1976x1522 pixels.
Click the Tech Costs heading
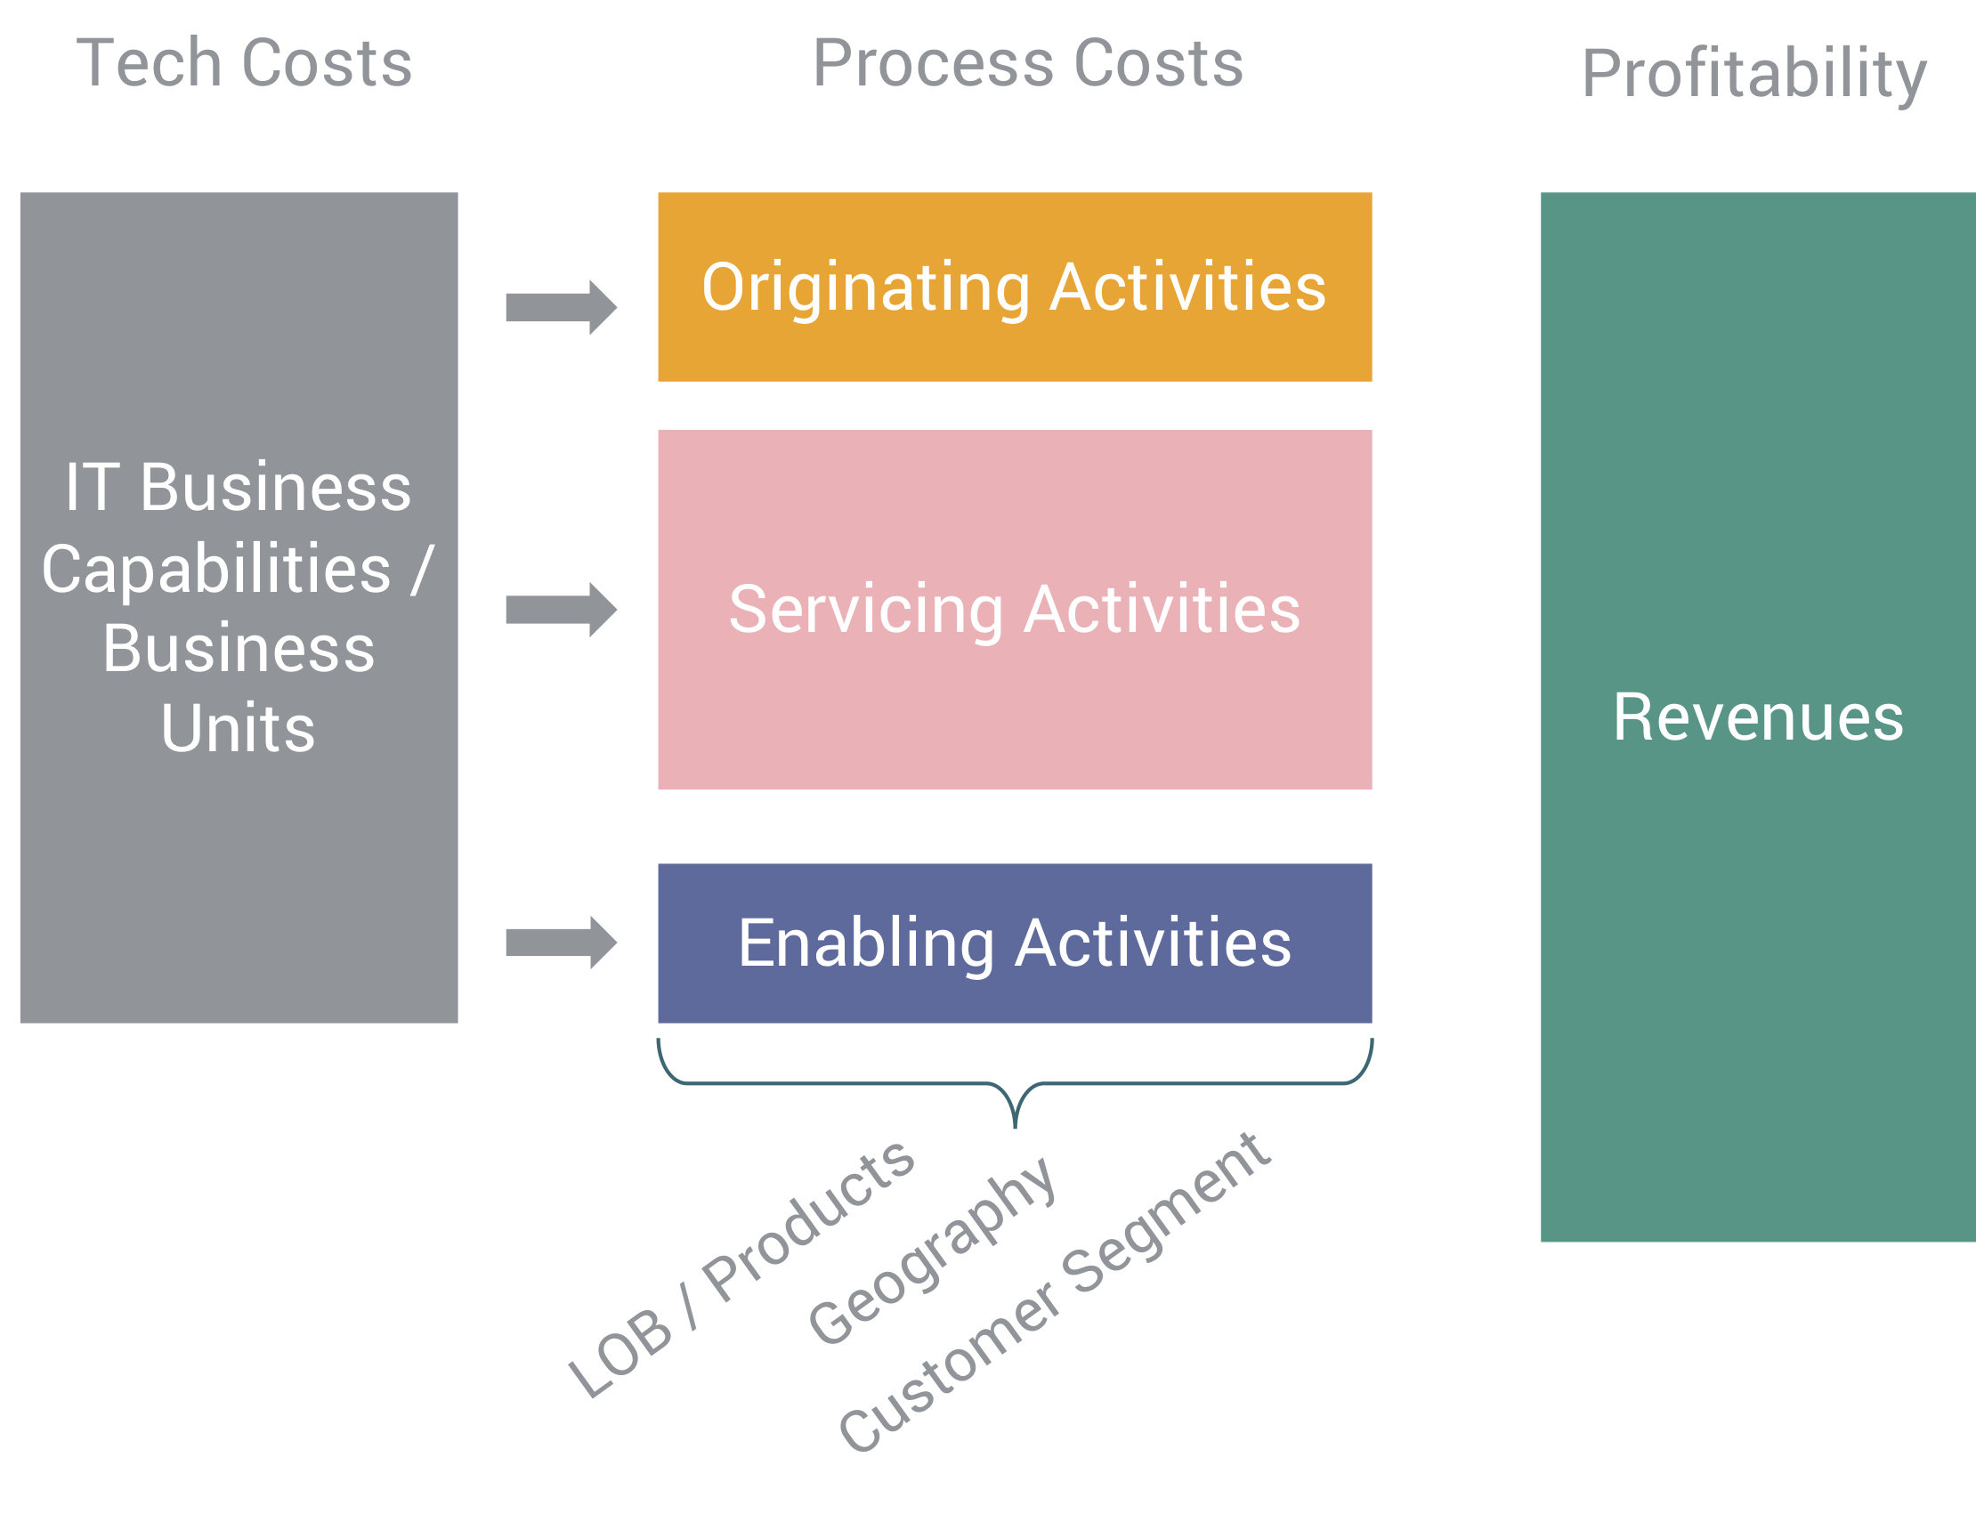click(x=244, y=63)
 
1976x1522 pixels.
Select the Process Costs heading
click(x=1028, y=63)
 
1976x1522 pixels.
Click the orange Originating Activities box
click(x=1014, y=287)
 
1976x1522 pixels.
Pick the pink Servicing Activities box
click(x=1014, y=609)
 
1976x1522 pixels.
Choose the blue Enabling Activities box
click(x=1014, y=943)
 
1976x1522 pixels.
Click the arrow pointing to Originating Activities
click(x=561, y=308)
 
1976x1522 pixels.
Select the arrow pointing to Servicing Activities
click(x=561, y=610)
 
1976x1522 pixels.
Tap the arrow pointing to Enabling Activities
click(x=561, y=943)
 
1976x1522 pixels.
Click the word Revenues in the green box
click(x=1758, y=717)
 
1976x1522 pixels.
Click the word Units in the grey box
click(x=238, y=728)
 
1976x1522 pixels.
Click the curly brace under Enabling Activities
click(x=1015, y=1083)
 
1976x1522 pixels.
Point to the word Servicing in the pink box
click(x=866, y=611)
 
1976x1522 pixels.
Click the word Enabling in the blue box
click(x=867, y=944)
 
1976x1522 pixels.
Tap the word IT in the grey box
click(x=93, y=488)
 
